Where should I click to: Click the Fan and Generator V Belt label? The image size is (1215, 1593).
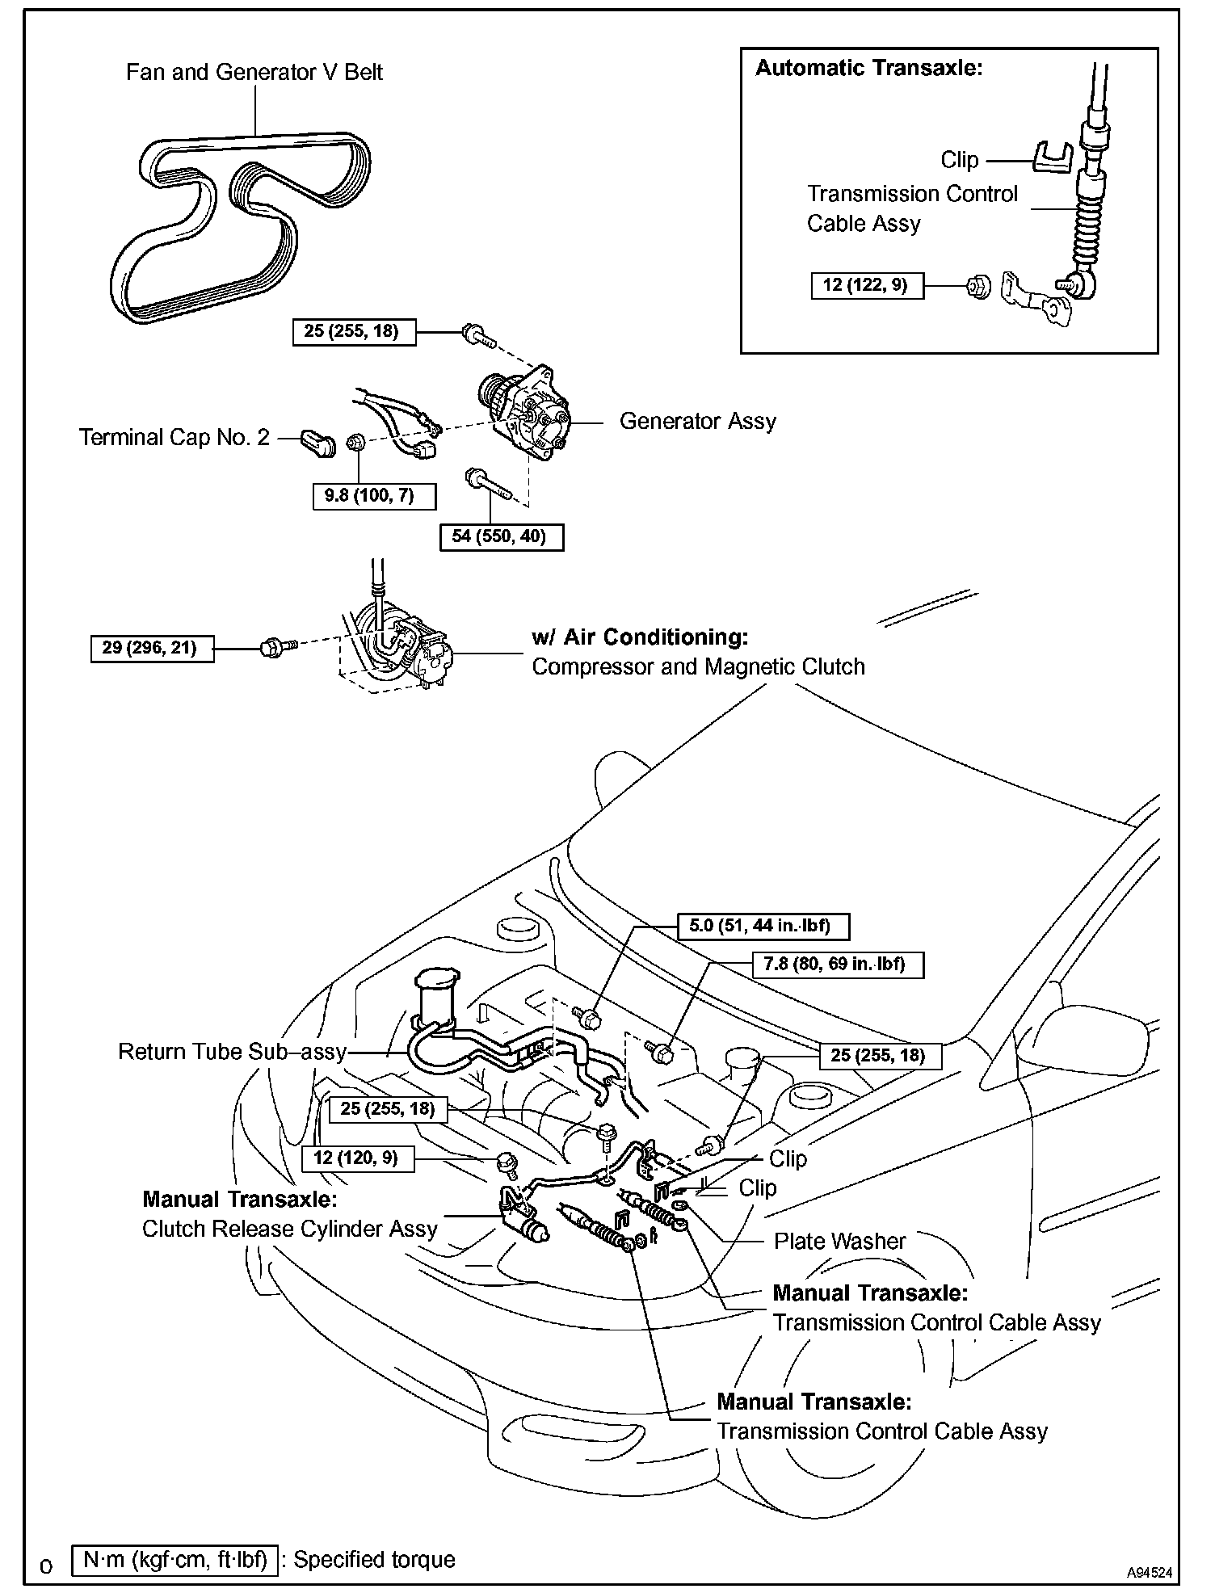[x=254, y=72]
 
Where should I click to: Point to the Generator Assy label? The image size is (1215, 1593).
[x=697, y=421]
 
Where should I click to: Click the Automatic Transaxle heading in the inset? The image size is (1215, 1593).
[x=869, y=68]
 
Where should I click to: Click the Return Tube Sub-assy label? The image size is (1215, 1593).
[x=232, y=1052]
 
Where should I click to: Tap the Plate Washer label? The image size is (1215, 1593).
[x=840, y=1241]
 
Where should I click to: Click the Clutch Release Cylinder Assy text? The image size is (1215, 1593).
[x=289, y=1229]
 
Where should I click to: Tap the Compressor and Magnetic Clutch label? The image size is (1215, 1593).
[x=698, y=666]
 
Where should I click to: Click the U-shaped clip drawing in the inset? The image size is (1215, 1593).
[x=1054, y=156]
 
